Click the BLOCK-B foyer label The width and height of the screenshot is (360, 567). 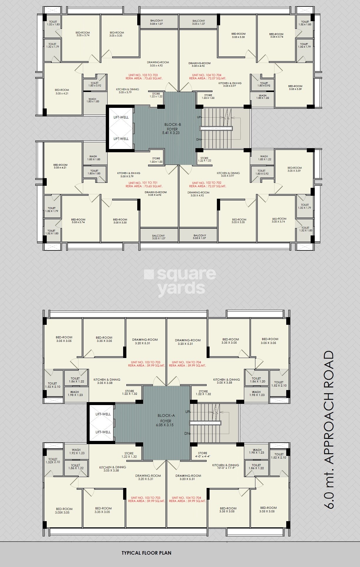(x=173, y=128)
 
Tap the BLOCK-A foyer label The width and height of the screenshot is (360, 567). (x=166, y=420)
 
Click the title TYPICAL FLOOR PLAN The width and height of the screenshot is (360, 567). (x=146, y=553)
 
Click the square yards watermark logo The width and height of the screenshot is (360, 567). (x=180, y=281)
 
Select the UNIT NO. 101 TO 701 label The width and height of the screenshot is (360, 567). (x=144, y=184)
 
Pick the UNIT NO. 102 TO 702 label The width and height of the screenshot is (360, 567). (x=207, y=184)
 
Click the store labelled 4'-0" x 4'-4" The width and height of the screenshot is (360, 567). (x=202, y=455)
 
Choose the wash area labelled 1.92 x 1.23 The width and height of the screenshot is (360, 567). (x=76, y=451)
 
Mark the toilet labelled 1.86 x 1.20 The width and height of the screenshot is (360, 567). (x=257, y=380)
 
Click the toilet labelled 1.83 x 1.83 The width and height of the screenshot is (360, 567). (x=94, y=172)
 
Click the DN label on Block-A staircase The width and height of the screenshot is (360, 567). (x=187, y=434)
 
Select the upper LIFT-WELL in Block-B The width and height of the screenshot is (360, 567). (x=121, y=117)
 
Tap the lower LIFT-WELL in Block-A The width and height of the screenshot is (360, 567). (x=103, y=432)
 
